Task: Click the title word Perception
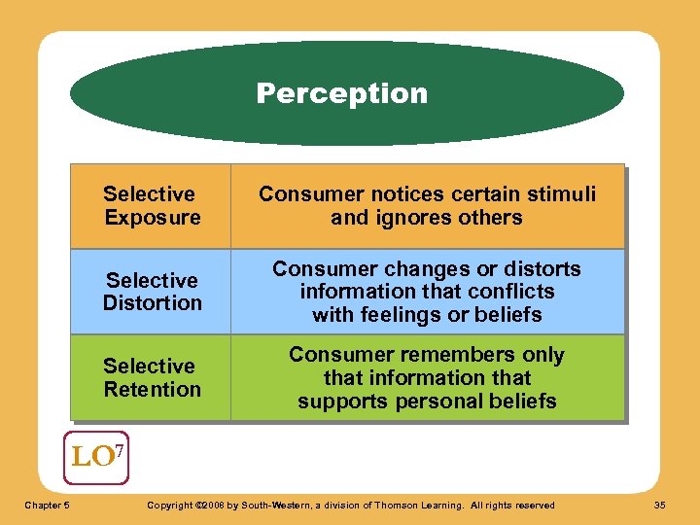341,93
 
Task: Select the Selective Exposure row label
151,205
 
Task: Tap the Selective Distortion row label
152,292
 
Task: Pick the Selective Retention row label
152,377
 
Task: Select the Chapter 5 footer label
46,505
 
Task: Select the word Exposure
153,217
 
